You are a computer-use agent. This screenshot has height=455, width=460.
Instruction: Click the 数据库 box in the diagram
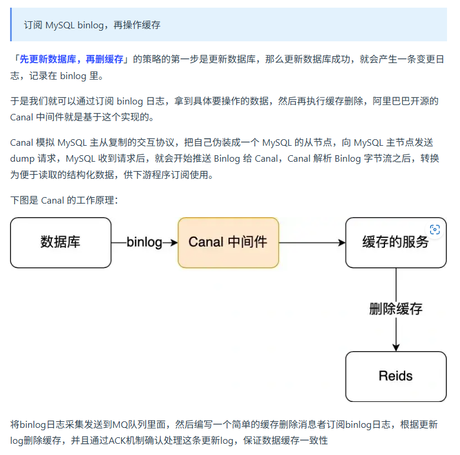coord(61,243)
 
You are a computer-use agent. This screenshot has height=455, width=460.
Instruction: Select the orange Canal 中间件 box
coord(228,243)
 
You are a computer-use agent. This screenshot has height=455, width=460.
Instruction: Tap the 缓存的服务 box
coord(396,243)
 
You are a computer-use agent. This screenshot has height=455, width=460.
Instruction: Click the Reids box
coord(396,377)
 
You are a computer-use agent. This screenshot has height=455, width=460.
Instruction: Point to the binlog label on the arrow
coord(144,243)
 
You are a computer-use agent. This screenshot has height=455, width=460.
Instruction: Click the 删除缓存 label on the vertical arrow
coord(396,309)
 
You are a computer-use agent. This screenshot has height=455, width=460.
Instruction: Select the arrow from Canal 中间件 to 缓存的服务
coord(311,243)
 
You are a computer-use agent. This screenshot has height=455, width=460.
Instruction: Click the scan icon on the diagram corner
coord(435,230)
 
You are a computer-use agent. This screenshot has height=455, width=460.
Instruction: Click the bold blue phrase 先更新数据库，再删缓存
coord(71,59)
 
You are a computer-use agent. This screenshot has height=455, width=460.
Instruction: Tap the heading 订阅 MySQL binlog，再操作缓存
coord(92,25)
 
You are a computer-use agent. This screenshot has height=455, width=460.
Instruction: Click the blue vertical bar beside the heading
coord(11,25)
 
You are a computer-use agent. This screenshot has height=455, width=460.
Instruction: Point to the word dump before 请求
coord(22,159)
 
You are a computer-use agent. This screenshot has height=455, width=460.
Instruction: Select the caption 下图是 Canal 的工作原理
coord(64,201)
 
